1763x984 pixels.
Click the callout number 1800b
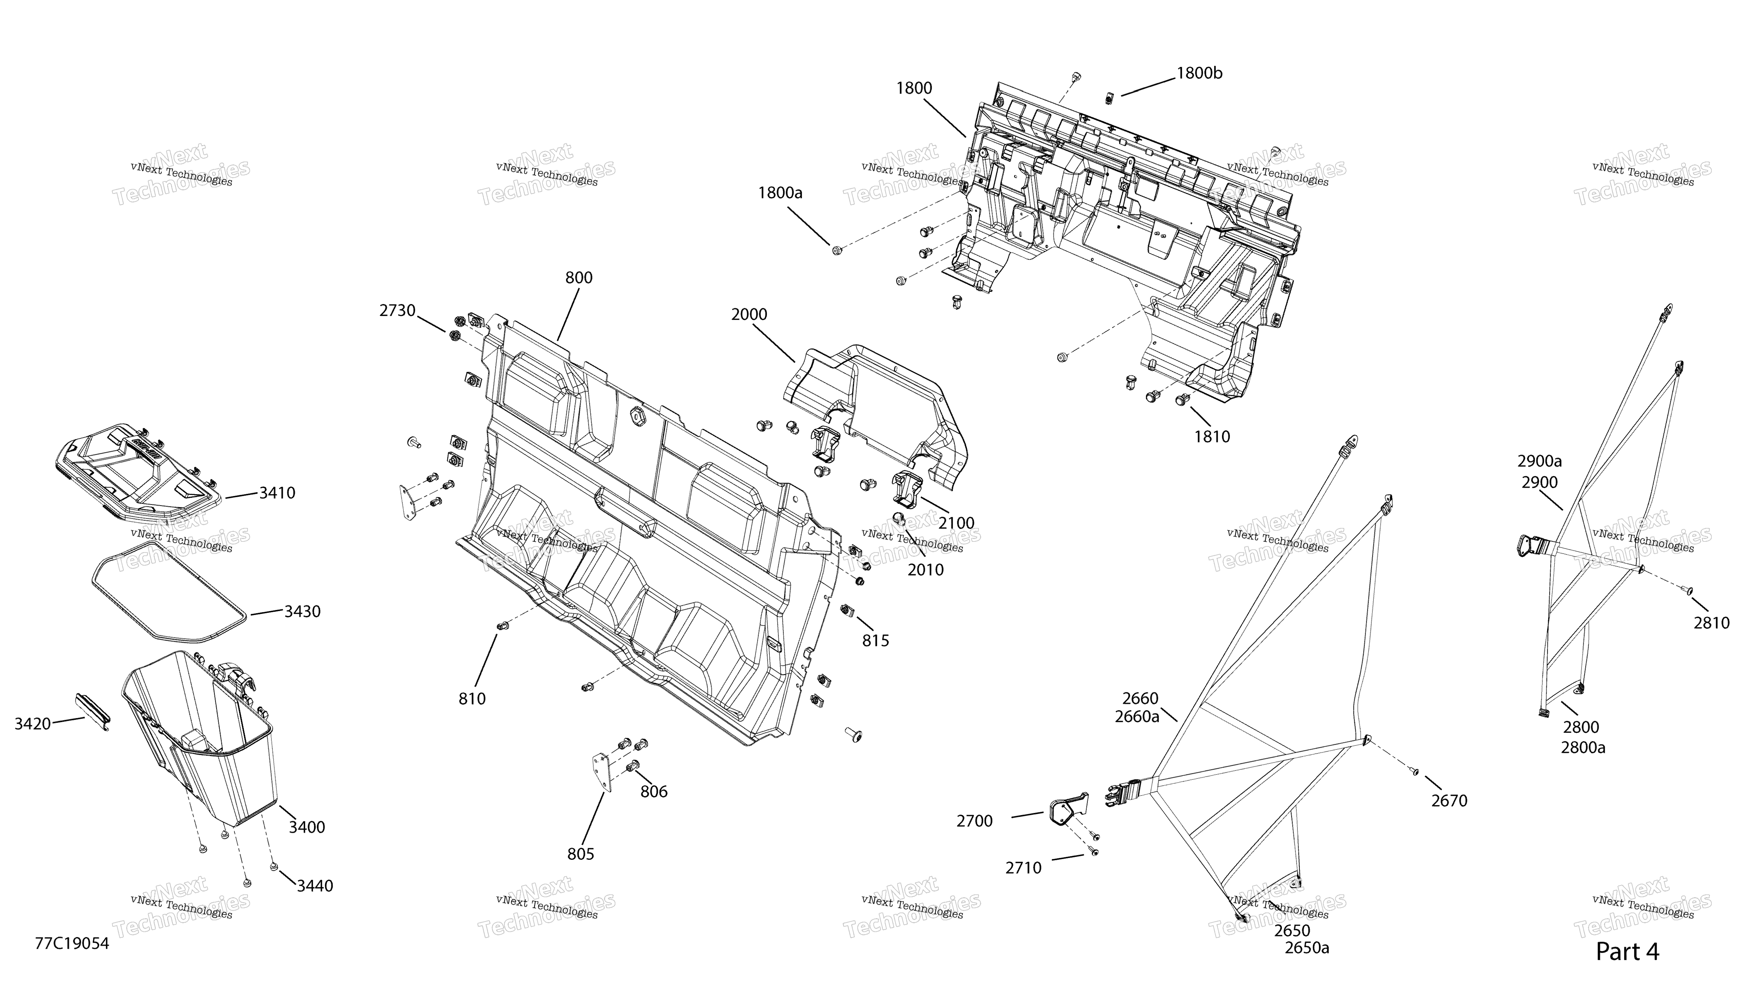pos(1199,73)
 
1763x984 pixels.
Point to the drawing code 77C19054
pos(72,944)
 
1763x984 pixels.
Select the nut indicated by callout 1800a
pos(836,250)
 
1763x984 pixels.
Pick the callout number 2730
pos(398,311)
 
